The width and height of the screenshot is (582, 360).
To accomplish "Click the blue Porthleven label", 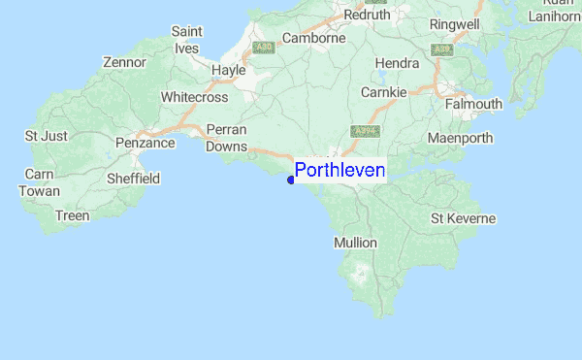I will pos(339,172).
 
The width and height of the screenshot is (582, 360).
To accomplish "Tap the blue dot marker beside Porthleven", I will pos(291,180).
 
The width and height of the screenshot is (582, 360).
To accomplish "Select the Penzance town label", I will pos(145,144).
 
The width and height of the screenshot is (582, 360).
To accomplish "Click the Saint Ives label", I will pos(186,40).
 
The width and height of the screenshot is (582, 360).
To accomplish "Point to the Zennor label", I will pos(124,63).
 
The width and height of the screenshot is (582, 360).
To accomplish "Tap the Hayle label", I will pos(229,71).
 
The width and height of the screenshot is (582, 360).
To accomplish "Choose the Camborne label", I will pos(313,39).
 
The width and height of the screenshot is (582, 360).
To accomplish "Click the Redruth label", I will pos(365,15).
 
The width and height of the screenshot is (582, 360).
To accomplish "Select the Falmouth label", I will pos(473,105).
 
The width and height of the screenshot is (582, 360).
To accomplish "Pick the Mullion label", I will pos(355,242).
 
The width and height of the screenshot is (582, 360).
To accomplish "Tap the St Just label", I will pos(47,136).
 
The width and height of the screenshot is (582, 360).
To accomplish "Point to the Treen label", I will pos(73,215).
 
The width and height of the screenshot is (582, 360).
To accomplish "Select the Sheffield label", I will pos(132,180).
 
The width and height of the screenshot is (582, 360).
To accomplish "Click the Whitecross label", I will pos(194,98).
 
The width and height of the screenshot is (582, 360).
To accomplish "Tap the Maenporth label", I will pos(461,138).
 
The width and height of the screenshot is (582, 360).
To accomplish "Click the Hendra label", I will pos(397,64).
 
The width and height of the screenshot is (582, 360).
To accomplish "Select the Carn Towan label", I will pos(39,182).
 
